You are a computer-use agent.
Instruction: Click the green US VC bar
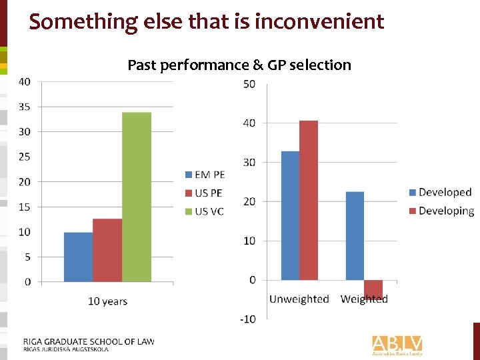pos(137,197)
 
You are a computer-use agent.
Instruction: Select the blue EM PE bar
pos(78,257)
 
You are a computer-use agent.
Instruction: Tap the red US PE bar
pos(107,250)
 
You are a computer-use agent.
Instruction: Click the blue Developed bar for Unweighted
pos(290,215)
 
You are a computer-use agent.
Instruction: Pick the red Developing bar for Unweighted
pos(308,200)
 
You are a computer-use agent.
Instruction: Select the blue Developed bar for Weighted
pos(355,235)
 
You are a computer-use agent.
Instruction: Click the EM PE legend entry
pos(205,175)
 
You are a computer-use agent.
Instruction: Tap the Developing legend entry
pos(441,211)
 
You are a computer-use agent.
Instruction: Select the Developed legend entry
pos(439,193)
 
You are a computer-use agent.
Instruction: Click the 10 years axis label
pos(107,301)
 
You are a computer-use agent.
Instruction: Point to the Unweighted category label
pos(299,299)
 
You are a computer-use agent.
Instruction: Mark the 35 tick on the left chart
pos(24,107)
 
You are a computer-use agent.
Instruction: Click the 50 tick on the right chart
pos(249,84)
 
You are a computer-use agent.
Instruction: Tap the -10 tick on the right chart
pos(247,319)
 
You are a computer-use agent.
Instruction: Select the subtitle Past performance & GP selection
pos(239,65)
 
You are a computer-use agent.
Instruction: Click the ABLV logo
pos(397,344)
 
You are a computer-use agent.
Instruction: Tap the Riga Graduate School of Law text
pos(89,341)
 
